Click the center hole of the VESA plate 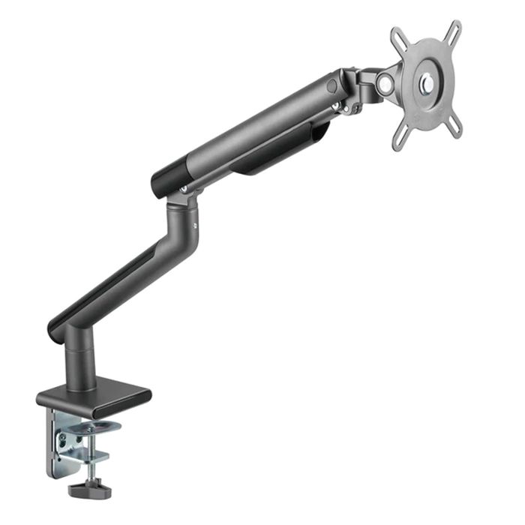point(427,82)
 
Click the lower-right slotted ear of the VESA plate point(454,128)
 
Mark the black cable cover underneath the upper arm point(281,153)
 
